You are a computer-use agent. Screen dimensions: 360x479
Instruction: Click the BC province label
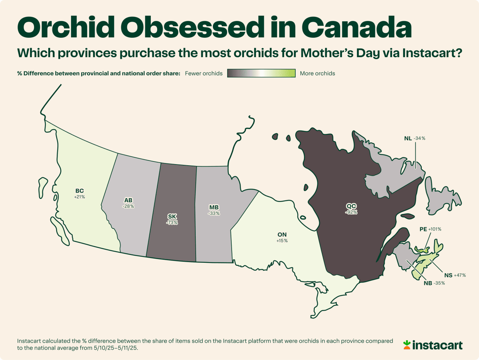[79, 191]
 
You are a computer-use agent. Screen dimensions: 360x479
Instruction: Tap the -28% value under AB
[128, 206]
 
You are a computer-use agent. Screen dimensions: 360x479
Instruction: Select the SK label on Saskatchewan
[172, 217]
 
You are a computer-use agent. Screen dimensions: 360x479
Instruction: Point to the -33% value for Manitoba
[214, 214]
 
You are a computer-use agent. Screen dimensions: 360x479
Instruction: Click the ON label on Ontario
[282, 235]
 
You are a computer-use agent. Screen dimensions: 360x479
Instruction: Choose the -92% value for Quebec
[351, 212]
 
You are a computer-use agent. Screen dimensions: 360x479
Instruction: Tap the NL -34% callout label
[415, 138]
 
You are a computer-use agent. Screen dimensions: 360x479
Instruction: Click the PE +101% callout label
[430, 229]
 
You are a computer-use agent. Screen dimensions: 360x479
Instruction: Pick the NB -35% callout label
[434, 283]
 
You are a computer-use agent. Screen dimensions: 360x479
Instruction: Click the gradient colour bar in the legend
[261, 73]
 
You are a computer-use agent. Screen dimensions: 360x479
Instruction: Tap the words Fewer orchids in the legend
[204, 74]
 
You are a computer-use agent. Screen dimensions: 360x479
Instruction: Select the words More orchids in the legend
[317, 74]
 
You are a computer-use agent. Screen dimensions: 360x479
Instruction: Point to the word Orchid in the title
[66, 27]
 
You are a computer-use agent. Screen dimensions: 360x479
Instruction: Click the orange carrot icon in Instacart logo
[407, 345]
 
